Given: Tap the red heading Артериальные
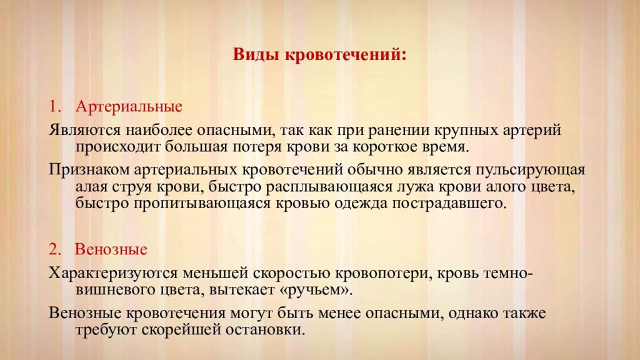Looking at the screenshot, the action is pos(129,106).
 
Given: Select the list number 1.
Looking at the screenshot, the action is pos(55,106).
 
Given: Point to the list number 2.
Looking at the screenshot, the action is pos(55,249).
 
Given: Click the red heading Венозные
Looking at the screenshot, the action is pos(111,249).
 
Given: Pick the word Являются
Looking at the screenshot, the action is pos(85,130).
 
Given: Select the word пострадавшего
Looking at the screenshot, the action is pos(449,204).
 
